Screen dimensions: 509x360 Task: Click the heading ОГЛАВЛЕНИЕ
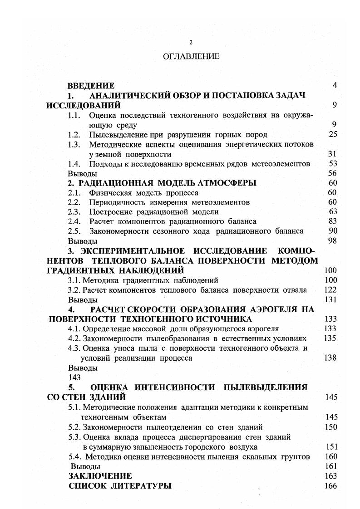coord(191,57)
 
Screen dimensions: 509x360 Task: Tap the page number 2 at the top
coord(191,42)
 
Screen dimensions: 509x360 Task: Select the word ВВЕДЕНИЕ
coord(91,85)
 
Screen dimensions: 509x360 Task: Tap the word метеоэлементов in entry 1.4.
coord(282,164)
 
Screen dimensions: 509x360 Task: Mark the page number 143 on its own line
coord(74,377)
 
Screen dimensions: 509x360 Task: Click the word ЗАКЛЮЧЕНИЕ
coord(100,476)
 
